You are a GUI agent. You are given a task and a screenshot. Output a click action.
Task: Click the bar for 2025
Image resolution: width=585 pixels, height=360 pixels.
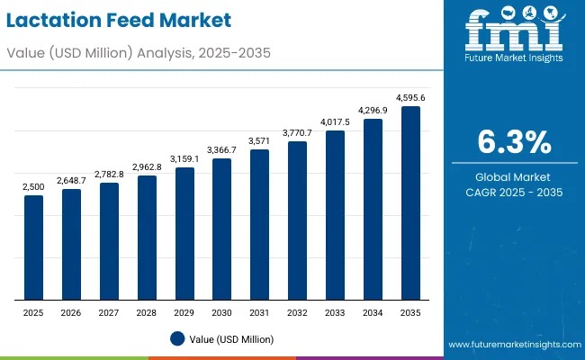point(33,247)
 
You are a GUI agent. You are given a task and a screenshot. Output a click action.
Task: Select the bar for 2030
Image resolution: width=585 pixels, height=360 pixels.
point(221,229)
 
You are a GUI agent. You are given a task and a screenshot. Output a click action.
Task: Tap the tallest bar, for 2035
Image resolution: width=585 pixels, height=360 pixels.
point(410,202)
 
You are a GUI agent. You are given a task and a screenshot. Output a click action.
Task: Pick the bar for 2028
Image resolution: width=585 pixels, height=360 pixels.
point(147,238)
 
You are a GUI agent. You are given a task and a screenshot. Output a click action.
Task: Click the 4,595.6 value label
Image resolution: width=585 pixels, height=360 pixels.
point(410,97)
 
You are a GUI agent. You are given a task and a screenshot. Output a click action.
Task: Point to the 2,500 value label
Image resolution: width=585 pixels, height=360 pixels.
point(33,186)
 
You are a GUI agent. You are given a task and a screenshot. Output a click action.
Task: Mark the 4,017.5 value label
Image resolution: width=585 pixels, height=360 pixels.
point(335,121)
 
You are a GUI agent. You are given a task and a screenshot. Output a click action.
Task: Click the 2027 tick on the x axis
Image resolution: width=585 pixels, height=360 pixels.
point(109,312)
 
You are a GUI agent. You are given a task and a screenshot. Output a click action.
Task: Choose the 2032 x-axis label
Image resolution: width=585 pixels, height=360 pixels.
point(297,312)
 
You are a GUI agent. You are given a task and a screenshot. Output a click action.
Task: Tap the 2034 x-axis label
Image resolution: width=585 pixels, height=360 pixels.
point(373,312)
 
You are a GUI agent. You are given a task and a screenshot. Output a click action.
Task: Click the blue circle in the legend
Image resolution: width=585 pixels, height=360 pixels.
point(177,339)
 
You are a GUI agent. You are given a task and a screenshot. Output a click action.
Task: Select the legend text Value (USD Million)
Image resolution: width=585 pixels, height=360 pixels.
point(232,339)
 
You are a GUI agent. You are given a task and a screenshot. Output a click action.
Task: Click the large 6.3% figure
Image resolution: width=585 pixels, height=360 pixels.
point(513,143)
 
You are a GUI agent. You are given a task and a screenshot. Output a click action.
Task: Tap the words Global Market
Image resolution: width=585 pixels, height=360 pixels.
point(513,176)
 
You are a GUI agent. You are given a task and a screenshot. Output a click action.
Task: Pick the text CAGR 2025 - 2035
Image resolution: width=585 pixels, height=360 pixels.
point(513,193)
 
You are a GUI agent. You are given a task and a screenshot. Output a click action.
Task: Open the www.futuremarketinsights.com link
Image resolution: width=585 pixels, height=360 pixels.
point(511,345)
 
